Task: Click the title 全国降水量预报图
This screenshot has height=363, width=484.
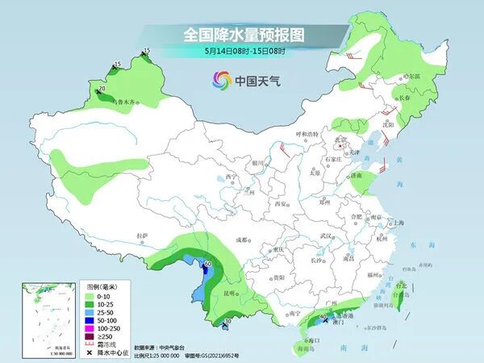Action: [x=241, y=35]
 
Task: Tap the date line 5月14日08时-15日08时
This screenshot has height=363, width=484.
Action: [x=241, y=51]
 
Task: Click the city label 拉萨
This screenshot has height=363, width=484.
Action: [x=143, y=236]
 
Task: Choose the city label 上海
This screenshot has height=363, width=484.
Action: [x=395, y=223]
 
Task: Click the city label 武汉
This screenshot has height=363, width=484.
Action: [x=327, y=236]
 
